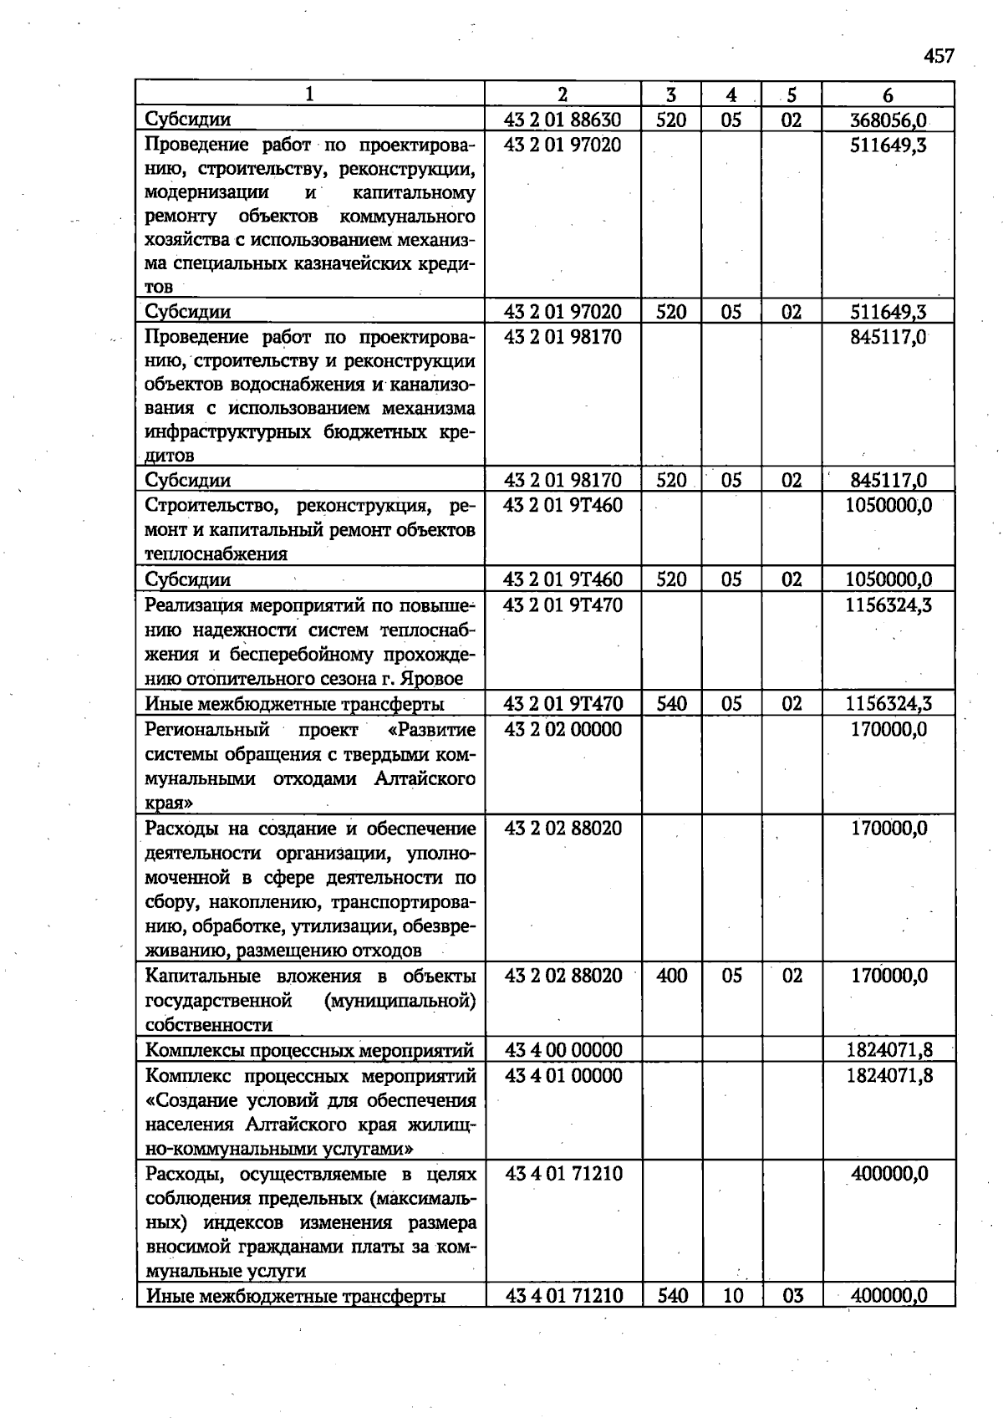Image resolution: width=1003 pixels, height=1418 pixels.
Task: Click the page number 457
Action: pos(939,56)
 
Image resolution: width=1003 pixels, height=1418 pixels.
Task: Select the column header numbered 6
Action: pos(888,94)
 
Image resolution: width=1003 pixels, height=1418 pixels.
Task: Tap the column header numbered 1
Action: pos(309,94)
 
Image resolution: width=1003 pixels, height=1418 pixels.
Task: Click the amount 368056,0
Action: pos(888,120)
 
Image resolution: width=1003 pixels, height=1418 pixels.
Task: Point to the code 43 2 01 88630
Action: pos(563,120)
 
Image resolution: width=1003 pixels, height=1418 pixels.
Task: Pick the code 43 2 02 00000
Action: pos(563,729)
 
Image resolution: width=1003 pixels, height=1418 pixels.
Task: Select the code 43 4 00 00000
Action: pos(563,1050)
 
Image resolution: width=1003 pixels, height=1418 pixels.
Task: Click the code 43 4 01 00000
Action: pos(563,1075)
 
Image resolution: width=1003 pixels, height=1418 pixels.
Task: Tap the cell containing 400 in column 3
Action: pos(671,976)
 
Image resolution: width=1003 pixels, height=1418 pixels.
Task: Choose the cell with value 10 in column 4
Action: pos(731,1296)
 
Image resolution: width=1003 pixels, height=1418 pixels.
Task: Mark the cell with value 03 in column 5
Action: pos(792,1296)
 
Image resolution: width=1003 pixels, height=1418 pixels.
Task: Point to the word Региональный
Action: pos(207,729)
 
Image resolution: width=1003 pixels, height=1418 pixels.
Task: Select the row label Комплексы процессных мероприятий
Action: pos(309,1050)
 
